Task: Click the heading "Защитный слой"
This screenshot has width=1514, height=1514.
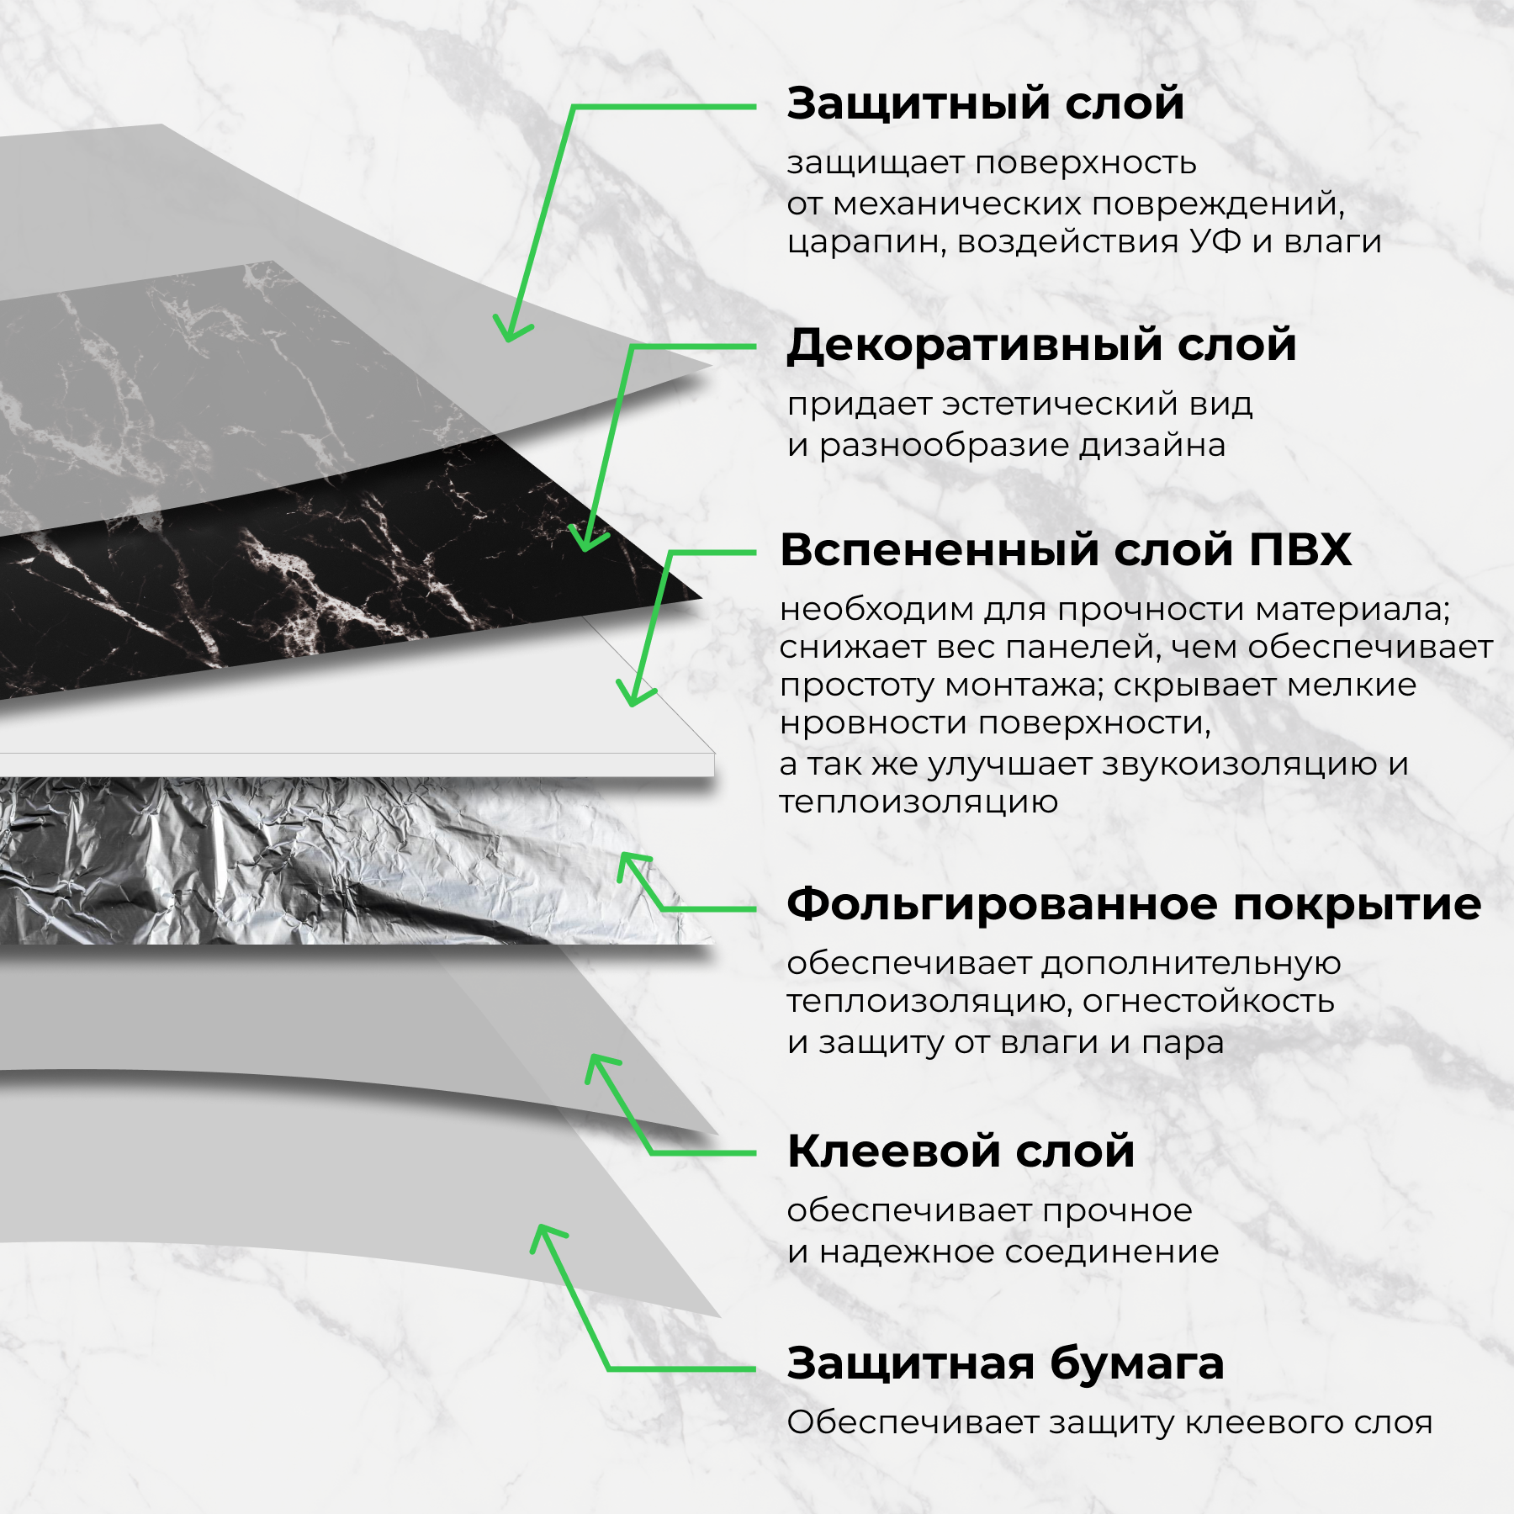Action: (985, 104)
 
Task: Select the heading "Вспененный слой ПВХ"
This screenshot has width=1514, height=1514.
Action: (1065, 550)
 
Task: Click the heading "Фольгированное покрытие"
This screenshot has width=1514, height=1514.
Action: (1133, 905)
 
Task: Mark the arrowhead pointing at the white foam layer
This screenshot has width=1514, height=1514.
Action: (633, 697)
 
